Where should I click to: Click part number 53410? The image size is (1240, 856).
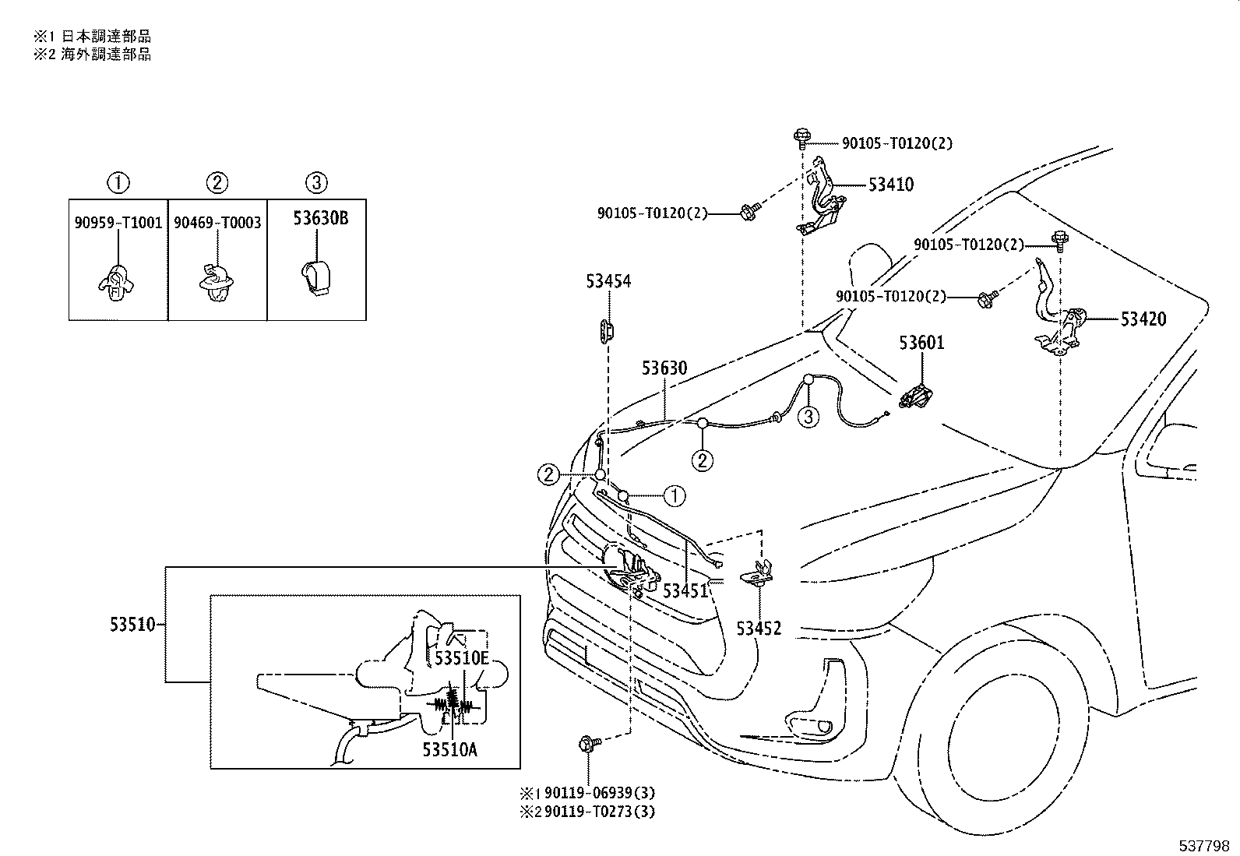[x=891, y=185]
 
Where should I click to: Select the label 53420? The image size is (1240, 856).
[x=1143, y=319]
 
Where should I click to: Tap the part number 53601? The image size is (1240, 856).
[x=921, y=343]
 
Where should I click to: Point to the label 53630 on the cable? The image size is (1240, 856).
[x=664, y=368]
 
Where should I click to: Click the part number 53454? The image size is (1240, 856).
[x=608, y=281]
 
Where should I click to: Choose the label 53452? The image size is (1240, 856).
[x=759, y=629]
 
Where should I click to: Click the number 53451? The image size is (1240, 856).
[x=685, y=590]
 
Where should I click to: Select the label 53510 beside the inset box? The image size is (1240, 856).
[x=132, y=625]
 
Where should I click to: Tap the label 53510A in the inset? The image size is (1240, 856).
[x=449, y=750]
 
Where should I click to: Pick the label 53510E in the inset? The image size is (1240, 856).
[x=462, y=658]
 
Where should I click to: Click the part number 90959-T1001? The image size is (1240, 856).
[x=118, y=223]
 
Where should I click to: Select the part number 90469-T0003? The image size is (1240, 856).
[x=217, y=223]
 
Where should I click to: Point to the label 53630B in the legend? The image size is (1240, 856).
[x=321, y=218]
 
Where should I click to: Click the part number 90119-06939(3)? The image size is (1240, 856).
[x=600, y=793]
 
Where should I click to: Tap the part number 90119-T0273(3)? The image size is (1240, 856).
[x=600, y=812]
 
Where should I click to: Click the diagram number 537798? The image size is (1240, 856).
[x=1204, y=846]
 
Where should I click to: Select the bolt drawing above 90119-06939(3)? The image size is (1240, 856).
[x=589, y=743]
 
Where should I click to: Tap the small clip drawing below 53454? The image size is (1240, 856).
[x=606, y=332]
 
